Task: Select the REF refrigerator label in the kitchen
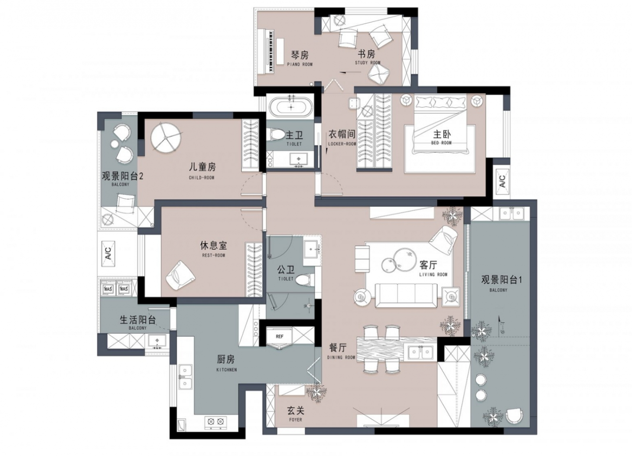(279, 336)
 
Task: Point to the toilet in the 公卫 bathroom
(304, 279)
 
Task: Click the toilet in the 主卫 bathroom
(275, 134)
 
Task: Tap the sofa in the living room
(406, 295)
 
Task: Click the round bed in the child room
(166, 137)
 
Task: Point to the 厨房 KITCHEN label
(226, 363)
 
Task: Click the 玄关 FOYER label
(295, 414)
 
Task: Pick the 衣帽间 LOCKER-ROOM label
(342, 137)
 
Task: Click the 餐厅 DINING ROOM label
(339, 351)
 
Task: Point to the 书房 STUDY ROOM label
(367, 57)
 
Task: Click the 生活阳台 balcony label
(138, 322)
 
